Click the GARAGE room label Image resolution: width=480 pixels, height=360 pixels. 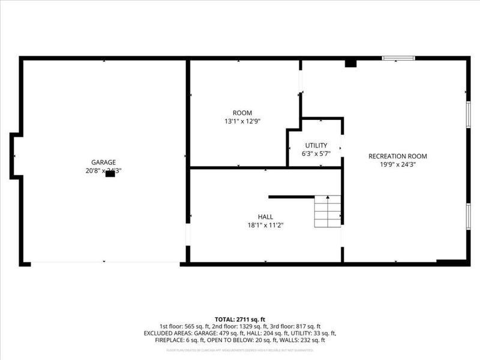(x=103, y=162)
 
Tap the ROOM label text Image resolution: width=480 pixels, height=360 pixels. (x=242, y=113)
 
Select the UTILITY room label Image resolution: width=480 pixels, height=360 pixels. (x=316, y=145)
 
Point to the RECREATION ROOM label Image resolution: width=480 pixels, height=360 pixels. (x=398, y=156)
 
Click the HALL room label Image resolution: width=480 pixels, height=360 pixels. (x=265, y=217)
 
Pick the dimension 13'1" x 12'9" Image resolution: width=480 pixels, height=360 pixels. (x=242, y=121)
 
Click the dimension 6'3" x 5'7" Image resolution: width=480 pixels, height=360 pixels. (x=316, y=154)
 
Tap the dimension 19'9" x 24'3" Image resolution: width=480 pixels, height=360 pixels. (x=398, y=164)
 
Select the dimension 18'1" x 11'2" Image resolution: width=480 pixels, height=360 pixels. (x=265, y=225)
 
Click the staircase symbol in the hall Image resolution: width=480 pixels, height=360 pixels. (x=328, y=211)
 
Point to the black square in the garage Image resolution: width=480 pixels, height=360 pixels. (x=110, y=175)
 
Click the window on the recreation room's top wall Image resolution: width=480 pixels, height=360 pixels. (x=398, y=58)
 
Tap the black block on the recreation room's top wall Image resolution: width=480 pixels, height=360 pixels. (x=350, y=63)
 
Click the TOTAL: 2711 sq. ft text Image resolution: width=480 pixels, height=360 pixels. (x=240, y=319)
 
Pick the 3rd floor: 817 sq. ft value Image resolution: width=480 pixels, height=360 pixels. (x=300, y=326)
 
